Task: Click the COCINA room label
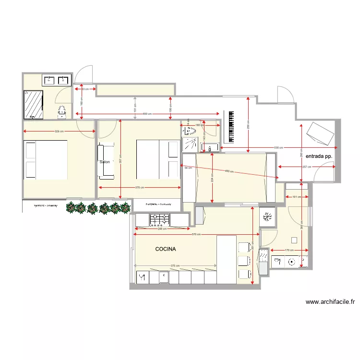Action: [166, 249]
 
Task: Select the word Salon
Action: [105, 162]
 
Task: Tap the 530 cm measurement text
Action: [278, 147]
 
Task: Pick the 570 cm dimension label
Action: [196, 234]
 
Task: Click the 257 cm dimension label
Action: [305, 167]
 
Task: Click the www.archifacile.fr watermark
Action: [330, 302]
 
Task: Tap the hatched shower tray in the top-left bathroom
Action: [34, 104]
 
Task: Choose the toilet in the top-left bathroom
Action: [61, 112]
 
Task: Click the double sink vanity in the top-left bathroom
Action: [57, 80]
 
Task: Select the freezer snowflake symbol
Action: [267, 217]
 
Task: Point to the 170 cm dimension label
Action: [289, 250]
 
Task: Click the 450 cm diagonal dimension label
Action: [228, 171]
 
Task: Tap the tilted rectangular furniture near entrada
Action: [320, 133]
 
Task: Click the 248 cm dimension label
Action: [163, 228]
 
